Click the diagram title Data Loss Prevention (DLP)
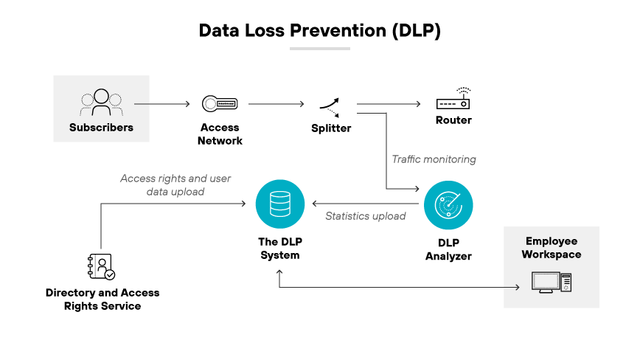(319, 31)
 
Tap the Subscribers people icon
(101, 103)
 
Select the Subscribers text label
(101, 127)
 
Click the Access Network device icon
(220, 104)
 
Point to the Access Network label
(220, 134)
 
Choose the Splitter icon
(330, 106)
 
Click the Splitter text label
(330, 128)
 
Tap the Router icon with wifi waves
(453, 100)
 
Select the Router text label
(453, 120)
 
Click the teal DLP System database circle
(279, 204)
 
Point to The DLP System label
(279, 249)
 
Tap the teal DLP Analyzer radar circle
(448, 204)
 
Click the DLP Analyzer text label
(448, 249)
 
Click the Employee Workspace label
(552, 248)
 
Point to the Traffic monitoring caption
(434, 159)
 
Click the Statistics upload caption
(366, 216)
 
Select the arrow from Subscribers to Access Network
(161, 104)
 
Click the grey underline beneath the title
(319, 49)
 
